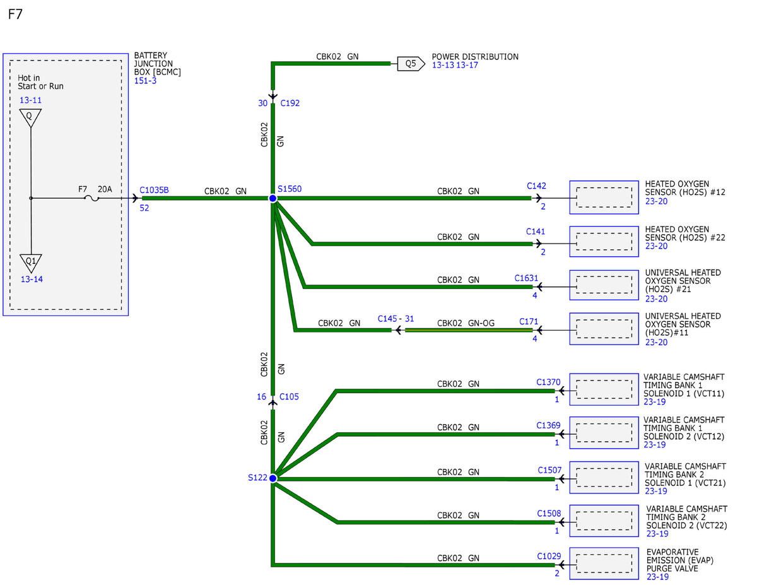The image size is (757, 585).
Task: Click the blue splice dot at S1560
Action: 273,198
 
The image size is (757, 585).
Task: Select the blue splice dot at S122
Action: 273,478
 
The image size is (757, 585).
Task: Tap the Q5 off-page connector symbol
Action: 411,64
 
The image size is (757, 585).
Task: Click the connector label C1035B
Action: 154,190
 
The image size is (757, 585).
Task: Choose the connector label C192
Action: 290,103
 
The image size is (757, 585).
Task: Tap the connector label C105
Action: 289,396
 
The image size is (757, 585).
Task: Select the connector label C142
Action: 536,186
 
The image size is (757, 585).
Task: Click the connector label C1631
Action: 526,278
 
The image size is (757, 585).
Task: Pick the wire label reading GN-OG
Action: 481,323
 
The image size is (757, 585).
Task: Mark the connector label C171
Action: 529,321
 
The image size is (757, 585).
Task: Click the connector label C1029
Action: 549,556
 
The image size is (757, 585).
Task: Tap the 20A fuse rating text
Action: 105,189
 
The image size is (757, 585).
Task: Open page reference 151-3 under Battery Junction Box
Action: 145,81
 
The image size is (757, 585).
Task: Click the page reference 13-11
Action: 30,100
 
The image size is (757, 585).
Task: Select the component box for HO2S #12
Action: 604,197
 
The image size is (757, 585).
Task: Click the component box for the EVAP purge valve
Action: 604,564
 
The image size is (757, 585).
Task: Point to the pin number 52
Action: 144,208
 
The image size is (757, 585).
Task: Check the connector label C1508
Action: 549,513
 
